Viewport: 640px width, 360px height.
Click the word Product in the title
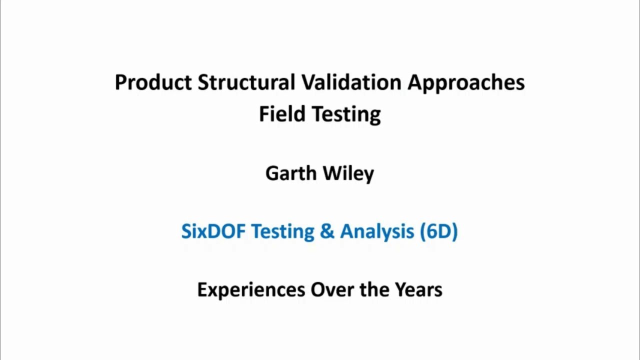[153, 82]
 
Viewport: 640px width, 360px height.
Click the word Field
[282, 114]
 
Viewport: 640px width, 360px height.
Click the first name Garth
[290, 173]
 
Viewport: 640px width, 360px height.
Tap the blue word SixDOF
[213, 231]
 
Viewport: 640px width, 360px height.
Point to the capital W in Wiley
[331, 173]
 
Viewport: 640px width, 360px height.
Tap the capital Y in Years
[400, 290]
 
